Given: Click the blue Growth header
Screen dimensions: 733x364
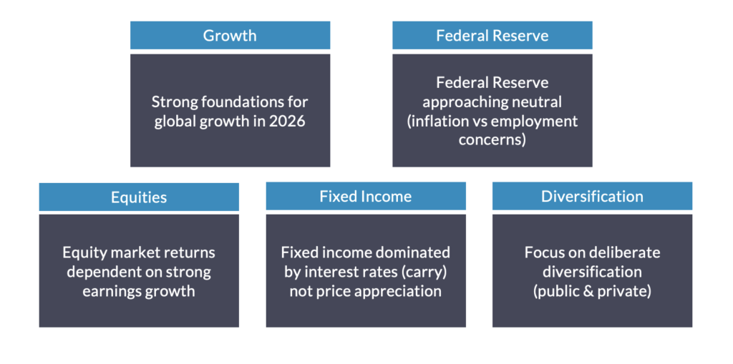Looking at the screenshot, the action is (x=230, y=35).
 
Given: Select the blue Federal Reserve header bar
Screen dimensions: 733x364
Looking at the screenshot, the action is (x=492, y=35).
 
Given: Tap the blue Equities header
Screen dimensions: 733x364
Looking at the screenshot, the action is (x=139, y=197).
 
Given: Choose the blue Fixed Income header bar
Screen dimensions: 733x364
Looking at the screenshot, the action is (x=366, y=196).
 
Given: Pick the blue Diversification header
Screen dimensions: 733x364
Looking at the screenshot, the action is (x=592, y=196).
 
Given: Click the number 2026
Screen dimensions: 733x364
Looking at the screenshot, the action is (x=287, y=121).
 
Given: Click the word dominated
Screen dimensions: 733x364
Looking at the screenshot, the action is (x=416, y=252).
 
